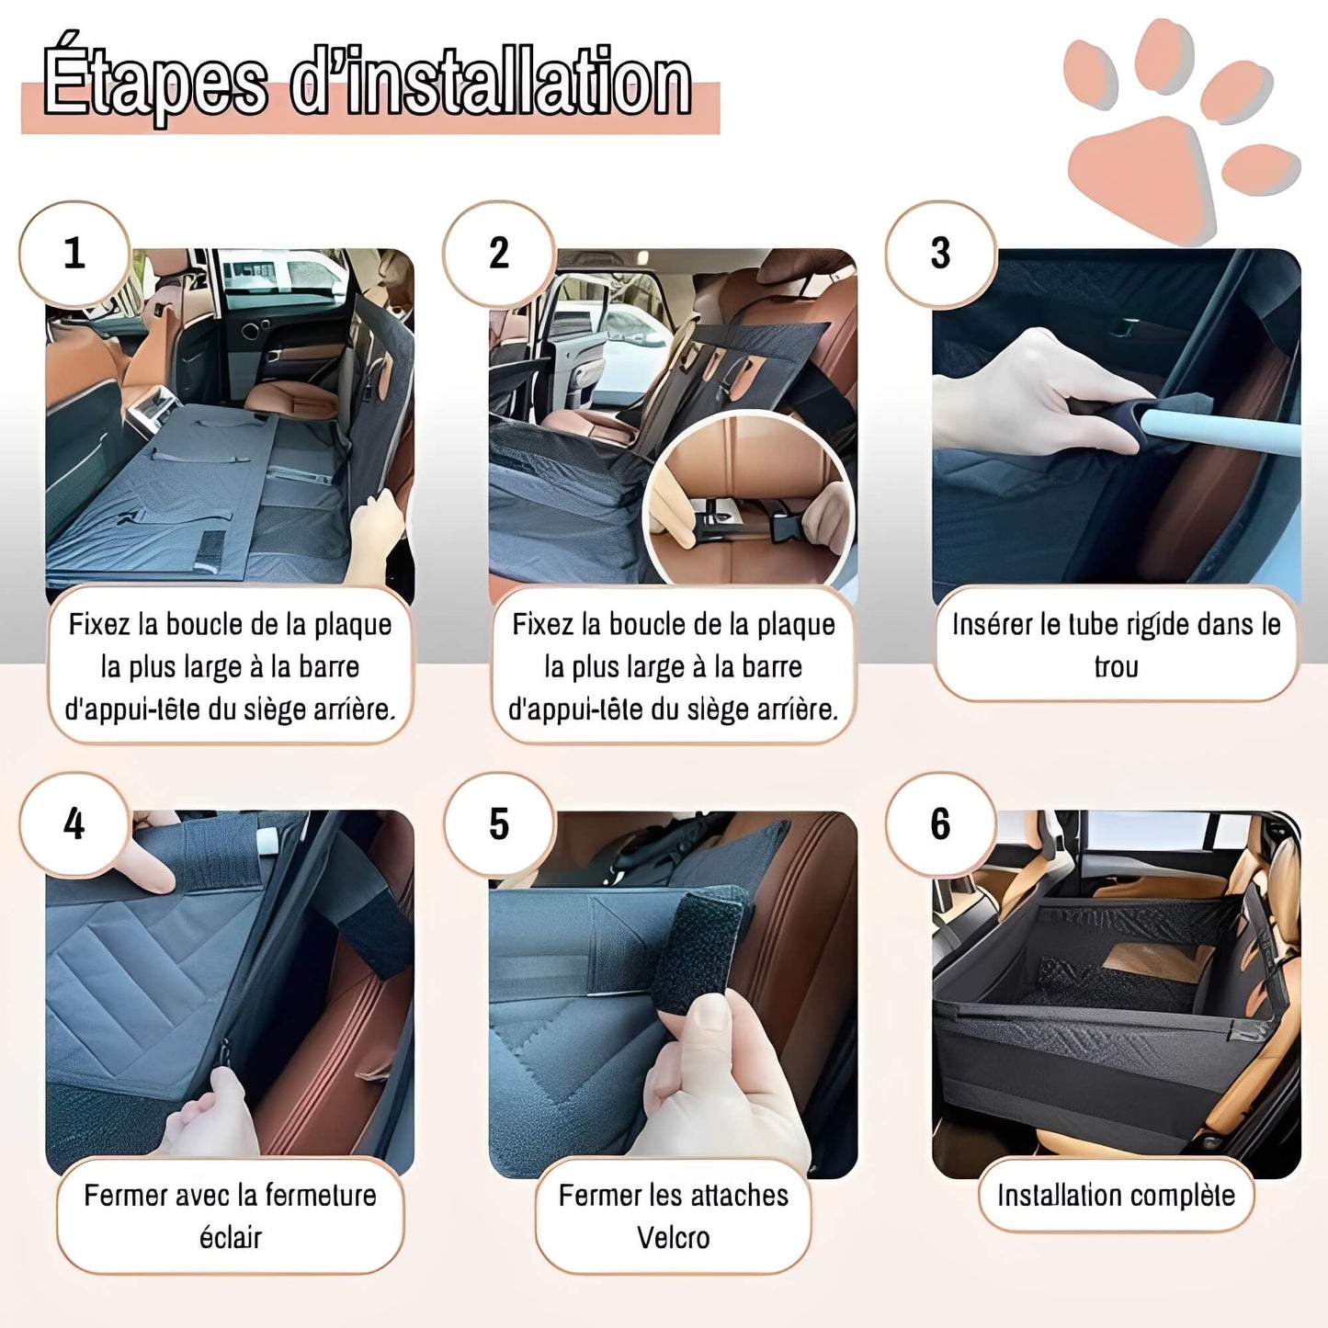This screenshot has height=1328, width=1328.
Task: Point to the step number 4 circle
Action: (x=74, y=824)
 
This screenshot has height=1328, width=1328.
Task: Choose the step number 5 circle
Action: (x=499, y=824)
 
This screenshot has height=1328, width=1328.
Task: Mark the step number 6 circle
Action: (x=941, y=824)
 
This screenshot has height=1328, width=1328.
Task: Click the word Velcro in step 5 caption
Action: (x=673, y=1238)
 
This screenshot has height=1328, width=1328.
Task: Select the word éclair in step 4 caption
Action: (x=231, y=1238)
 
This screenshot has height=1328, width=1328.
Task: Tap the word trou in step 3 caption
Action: (x=1116, y=667)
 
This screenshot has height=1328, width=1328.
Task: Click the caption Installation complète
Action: (x=1116, y=1196)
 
